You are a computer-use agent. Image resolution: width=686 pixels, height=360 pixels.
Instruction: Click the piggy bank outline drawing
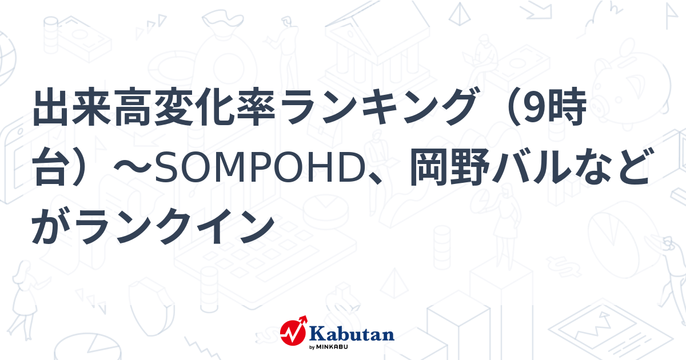(x=635, y=80)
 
